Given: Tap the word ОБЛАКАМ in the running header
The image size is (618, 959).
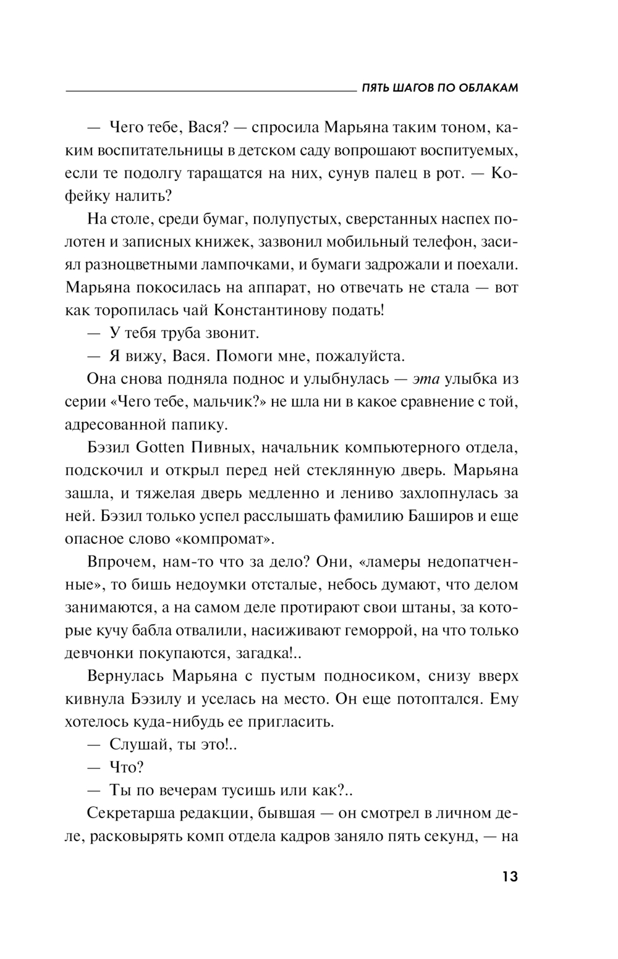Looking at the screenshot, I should pos(488,88).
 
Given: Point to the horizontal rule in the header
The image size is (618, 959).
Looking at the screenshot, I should pos(210,91).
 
